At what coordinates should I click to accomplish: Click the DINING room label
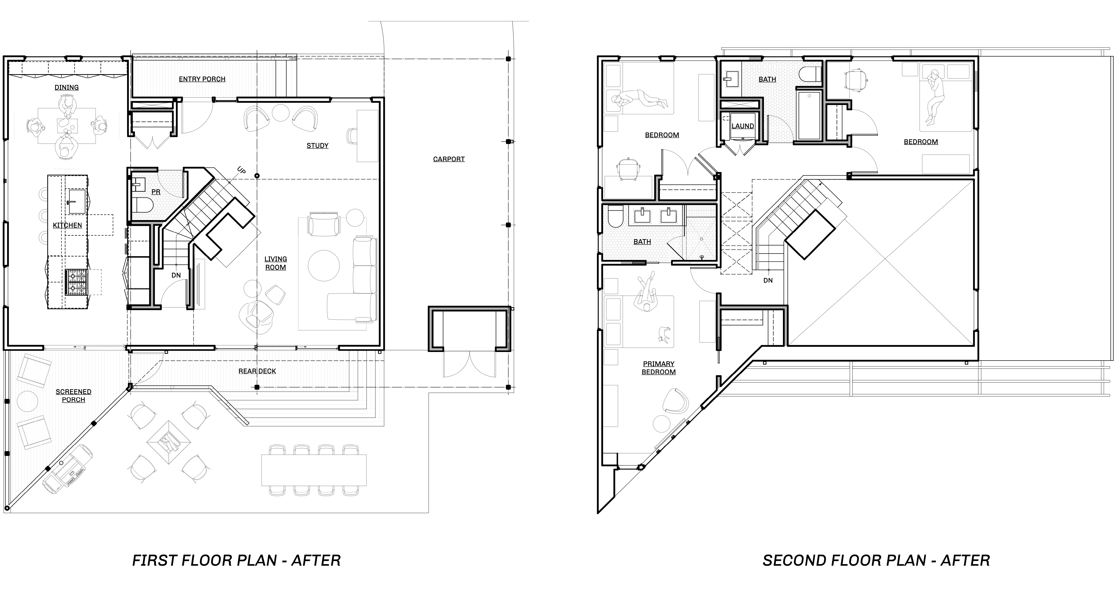point(66,87)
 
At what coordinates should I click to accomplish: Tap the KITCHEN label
point(67,225)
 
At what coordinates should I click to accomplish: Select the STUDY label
point(317,146)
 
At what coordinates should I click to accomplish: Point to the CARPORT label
point(449,159)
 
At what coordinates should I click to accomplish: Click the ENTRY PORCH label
point(202,79)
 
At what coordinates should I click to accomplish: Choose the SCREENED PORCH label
point(74,396)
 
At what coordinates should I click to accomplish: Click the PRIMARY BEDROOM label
point(659,368)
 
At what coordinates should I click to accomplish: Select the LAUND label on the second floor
point(743,126)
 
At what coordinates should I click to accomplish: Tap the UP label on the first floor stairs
point(242,170)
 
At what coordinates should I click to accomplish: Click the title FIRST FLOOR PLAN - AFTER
point(237,561)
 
